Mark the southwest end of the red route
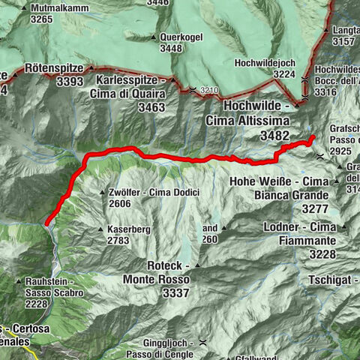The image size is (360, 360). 46,223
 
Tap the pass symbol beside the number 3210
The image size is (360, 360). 193,91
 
